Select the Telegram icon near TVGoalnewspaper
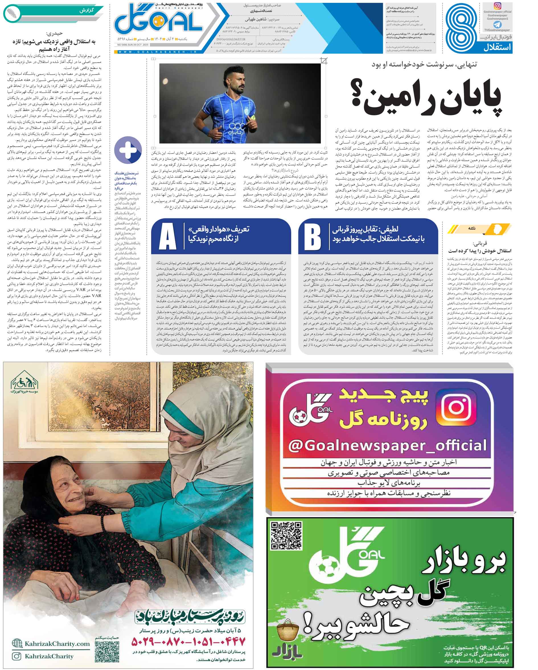click(497, 24)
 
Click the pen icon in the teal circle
click(12, 13)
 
